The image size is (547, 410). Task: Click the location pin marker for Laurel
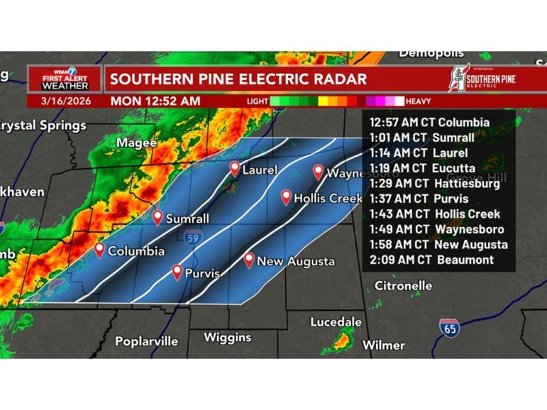point(235,169)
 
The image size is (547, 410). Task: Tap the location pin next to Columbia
point(100,250)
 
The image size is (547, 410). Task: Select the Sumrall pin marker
point(158,217)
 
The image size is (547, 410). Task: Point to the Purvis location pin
point(177,272)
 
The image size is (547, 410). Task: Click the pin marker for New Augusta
point(250,260)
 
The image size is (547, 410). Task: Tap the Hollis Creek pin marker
point(286,197)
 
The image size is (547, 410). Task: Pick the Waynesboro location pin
point(318,172)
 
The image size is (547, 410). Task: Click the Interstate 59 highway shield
point(192,236)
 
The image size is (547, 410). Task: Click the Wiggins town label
point(228,338)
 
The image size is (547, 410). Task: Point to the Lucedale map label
point(336,322)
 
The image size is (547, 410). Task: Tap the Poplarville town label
point(146,341)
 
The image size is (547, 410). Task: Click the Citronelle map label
point(403,285)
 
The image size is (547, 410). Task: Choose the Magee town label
point(136,143)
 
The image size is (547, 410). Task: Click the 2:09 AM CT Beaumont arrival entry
point(431,260)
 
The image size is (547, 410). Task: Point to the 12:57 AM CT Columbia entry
point(429,122)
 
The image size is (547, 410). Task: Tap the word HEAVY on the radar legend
point(418,101)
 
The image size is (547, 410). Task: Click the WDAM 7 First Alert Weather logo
point(65,79)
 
